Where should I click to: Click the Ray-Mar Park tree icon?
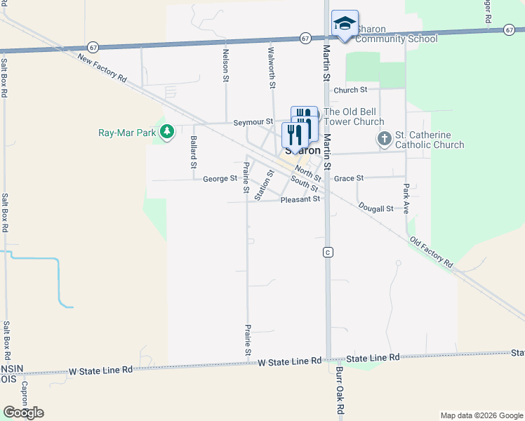(x=166, y=132)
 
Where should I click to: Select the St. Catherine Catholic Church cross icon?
(x=384, y=139)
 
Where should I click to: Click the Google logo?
(x=23, y=413)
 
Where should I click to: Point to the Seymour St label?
(x=253, y=122)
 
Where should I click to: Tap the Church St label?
(x=351, y=90)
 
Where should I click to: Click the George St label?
(x=220, y=179)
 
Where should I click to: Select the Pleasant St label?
(x=300, y=199)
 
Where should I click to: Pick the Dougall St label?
(x=376, y=208)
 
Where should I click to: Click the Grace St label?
(x=349, y=179)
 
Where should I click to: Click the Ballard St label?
(x=193, y=152)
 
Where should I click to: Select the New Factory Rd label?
(x=102, y=68)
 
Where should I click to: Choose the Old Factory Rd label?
(x=431, y=251)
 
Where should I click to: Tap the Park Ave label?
(x=406, y=198)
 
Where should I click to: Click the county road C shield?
(x=327, y=251)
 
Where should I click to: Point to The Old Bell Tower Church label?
(x=354, y=116)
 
